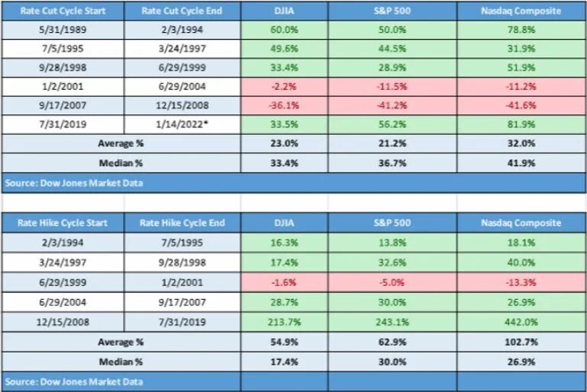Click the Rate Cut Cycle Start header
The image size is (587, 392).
[63, 11]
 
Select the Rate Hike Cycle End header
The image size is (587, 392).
[182, 223]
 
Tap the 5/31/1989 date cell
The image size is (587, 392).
[63, 30]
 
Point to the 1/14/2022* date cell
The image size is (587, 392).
[182, 124]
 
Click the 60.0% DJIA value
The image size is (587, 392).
[284, 30]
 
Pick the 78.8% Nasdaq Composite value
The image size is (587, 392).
[521, 30]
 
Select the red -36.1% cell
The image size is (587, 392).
[284, 105]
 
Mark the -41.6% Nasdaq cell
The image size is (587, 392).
[521, 105]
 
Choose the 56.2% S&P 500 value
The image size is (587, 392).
[392, 124]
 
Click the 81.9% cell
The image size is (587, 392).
[521, 124]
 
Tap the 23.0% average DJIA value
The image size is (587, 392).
[285, 143]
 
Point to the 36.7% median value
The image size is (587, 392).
[392, 163]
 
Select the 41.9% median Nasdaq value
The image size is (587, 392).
[521, 163]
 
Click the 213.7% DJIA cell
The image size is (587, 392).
[284, 322]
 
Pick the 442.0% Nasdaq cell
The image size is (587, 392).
[521, 322]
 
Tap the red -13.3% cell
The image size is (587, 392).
[521, 282]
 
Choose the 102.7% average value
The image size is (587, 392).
[521, 342]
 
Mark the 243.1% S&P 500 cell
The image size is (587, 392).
[392, 322]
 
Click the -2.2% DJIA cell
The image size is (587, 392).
[284, 86]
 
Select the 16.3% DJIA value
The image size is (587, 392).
[284, 243]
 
